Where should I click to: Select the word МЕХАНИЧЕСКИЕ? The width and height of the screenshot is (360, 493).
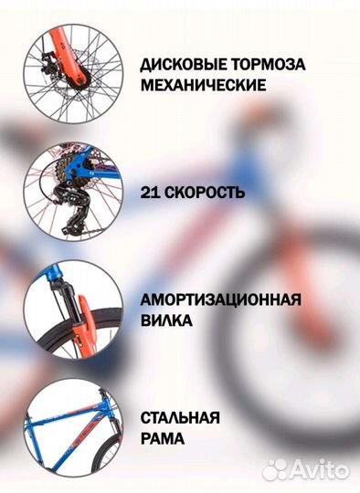[x=203, y=86]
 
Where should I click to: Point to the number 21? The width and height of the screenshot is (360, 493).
[x=151, y=194]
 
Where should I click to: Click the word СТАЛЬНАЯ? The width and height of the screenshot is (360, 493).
[x=180, y=418]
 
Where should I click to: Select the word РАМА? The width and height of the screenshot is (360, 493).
[x=161, y=438]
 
